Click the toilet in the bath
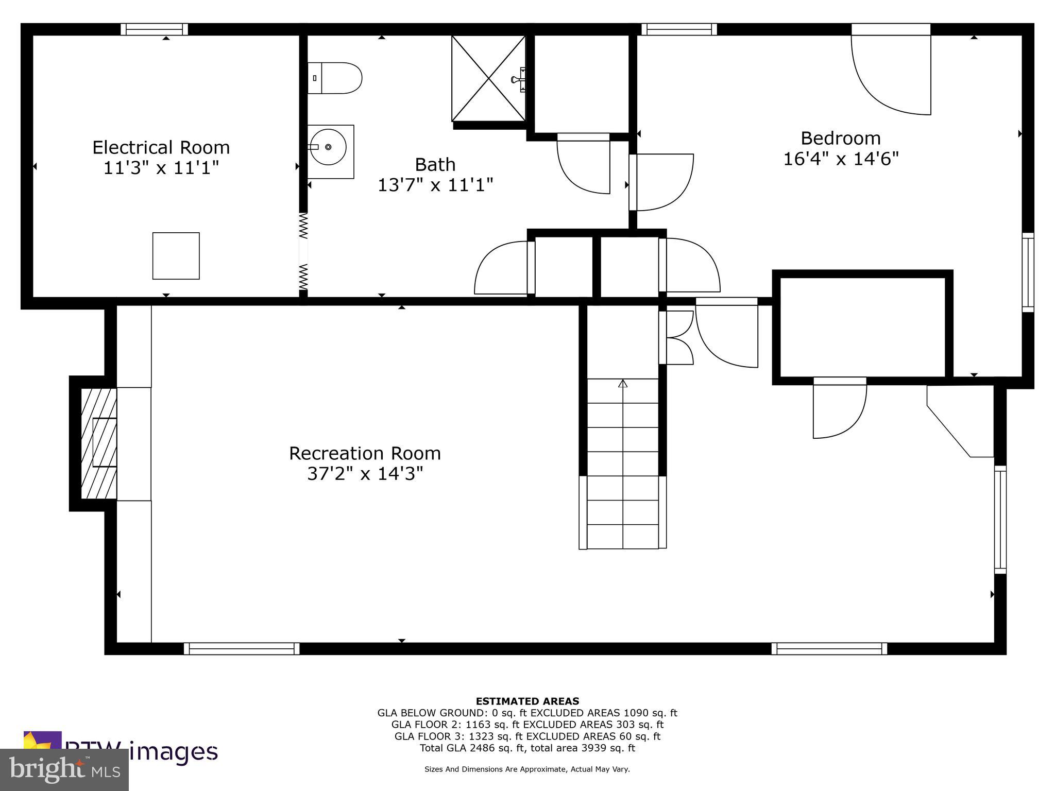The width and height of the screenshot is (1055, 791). click(x=335, y=78)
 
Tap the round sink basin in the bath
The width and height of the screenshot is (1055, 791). click(x=328, y=147)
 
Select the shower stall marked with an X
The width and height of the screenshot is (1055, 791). click(x=488, y=78)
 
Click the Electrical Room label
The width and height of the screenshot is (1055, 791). click(x=161, y=148)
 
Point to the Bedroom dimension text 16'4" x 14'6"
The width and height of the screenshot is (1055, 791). click(x=841, y=159)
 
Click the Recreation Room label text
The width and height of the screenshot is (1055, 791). click(x=365, y=454)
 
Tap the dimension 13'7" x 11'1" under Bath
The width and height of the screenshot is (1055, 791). click(x=435, y=185)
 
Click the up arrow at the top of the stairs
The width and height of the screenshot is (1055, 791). click(x=623, y=384)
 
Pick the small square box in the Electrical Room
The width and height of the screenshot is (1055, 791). click(x=176, y=256)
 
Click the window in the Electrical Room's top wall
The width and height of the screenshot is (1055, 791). click(x=154, y=29)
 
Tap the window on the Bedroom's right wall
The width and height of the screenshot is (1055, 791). click(x=1028, y=272)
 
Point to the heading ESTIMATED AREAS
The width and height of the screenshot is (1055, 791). click(x=527, y=701)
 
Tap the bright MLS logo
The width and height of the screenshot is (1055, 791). click(x=64, y=770)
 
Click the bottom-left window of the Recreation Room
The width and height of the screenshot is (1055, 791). click(x=242, y=648)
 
